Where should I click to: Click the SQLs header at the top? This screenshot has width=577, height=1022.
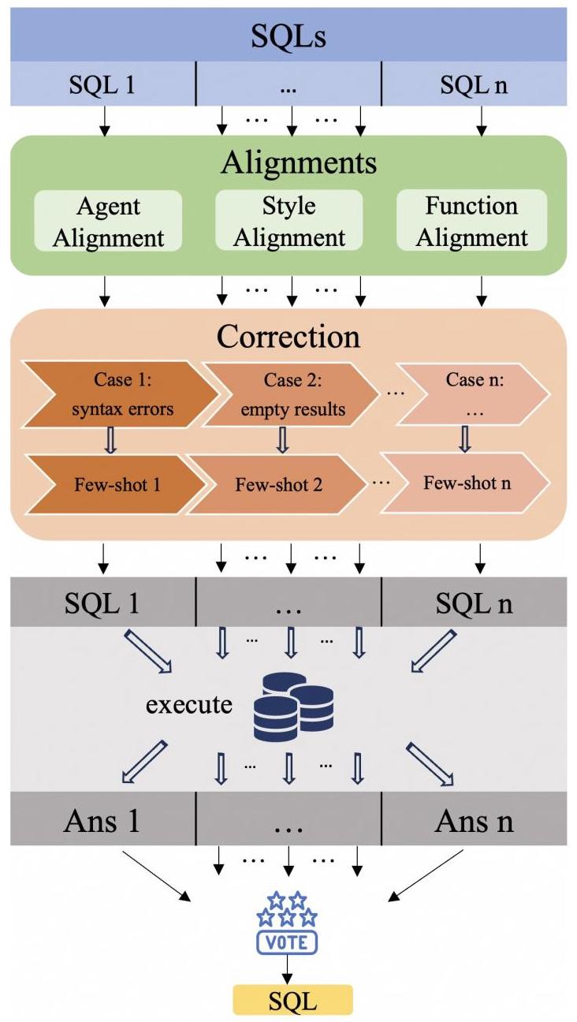pyautogui.click(x=288, y=35)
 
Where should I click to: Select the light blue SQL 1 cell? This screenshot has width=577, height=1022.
pyautogui.click(x=102, y=84)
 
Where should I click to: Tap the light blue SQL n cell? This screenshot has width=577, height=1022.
pyautogui.click(x=474, y=84)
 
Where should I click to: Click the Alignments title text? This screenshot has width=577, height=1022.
pyautogui.click(x=299, y=163)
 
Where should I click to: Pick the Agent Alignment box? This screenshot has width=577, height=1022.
pyautogui.click(x=109, y=222)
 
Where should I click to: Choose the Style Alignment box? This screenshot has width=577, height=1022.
pyautogui.click(x=288, y=222)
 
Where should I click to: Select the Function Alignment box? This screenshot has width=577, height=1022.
pyautogui.click(x=471, y=222)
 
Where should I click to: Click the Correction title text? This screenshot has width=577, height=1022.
pyautogui.click(x=288, y=337)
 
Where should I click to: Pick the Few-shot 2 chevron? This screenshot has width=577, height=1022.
pyautogui.click(x=281, y=483)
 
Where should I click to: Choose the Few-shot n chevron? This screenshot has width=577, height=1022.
pyautogui.click(x=465, y=482)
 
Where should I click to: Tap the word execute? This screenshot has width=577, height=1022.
pyautogui.click(x=189, y=703)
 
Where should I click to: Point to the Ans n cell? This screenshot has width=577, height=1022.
pyautogui.click(x=474, y=822)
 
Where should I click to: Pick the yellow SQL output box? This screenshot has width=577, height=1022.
pyautogui.click(x=292, y=1001)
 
